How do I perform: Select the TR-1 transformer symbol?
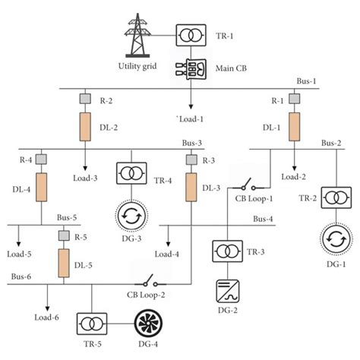pyautogui.click(x=188, y=34)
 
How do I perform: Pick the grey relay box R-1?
pyautogui.click(x=292, y=99)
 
